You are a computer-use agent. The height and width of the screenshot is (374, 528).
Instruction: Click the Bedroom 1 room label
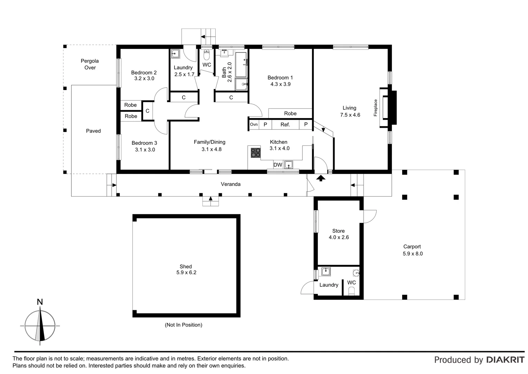click(x=280, y=78)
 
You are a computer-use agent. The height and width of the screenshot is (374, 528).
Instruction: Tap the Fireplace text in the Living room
click(x=376, y=108)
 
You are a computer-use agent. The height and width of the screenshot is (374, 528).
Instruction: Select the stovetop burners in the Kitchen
click(x=256, y=152)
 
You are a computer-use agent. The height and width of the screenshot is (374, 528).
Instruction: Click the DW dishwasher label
click(x=278, y=165)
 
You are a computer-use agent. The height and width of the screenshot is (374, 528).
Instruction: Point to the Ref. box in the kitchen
click(x=285, y=125)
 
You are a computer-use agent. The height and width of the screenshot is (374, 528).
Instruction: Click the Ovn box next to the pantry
click(x=254, y=125)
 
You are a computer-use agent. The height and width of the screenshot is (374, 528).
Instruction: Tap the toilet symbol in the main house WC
click(x=207, y=55)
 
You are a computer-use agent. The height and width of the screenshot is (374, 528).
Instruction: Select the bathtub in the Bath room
click(x=241, y=64)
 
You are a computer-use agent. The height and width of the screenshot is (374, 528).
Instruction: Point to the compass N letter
click(x=40, y=302)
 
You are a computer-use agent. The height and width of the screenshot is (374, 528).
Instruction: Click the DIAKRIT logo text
click(x=505, y=360)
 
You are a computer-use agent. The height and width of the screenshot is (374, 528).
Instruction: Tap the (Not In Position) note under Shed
click(x=183, y=325)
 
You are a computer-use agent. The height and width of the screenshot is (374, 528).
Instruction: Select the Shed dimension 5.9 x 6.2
click(x=186, y=273)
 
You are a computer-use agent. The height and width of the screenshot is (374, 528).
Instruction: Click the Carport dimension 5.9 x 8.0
click(x=413, y=253)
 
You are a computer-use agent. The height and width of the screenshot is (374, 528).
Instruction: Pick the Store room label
click(x=338, y=231)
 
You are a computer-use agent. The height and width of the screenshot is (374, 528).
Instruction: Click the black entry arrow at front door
click(x=321, y=178)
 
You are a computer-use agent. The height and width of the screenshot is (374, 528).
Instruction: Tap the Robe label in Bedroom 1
click(x=290, y=114)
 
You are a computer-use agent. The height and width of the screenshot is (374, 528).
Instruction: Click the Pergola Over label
click(x=90, y=64)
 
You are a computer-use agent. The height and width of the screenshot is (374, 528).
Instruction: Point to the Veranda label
click(x=230, y=184)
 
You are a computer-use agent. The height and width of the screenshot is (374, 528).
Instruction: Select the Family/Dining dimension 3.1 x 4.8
click(x=211, y=149)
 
